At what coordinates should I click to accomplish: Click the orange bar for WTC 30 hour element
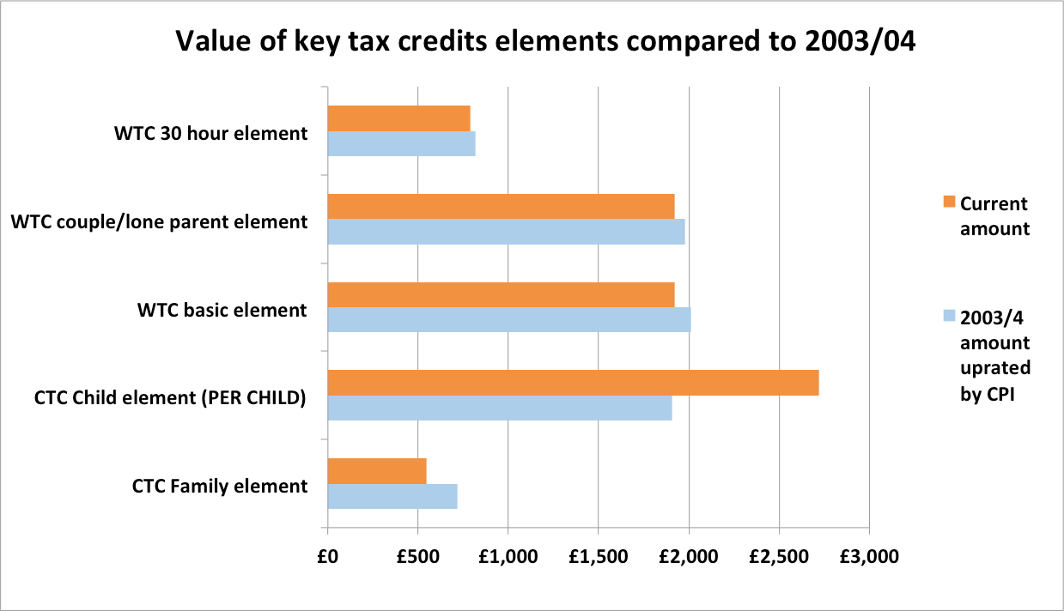click(399, 118)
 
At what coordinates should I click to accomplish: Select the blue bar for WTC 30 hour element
click(402, 143)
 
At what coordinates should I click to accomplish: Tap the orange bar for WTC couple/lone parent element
click(501, 206)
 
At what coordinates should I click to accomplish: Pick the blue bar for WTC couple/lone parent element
click(506, 232)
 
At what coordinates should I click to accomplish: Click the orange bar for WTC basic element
click(501, 294)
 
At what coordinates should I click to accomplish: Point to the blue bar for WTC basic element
click(509, 319)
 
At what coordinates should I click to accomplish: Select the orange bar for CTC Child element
click(573, 383)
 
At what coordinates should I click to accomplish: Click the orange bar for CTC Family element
click(377, 471)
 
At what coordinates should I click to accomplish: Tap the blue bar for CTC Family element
click(392, 496)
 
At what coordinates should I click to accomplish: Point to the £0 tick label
click(327, 556)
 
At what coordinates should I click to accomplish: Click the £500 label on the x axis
click(417, 556)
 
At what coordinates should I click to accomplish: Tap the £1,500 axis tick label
click(598, 556)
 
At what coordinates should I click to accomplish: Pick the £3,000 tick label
click(869, 556)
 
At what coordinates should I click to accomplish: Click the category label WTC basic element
click(222, 310)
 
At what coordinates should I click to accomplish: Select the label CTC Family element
click(220, 486)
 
